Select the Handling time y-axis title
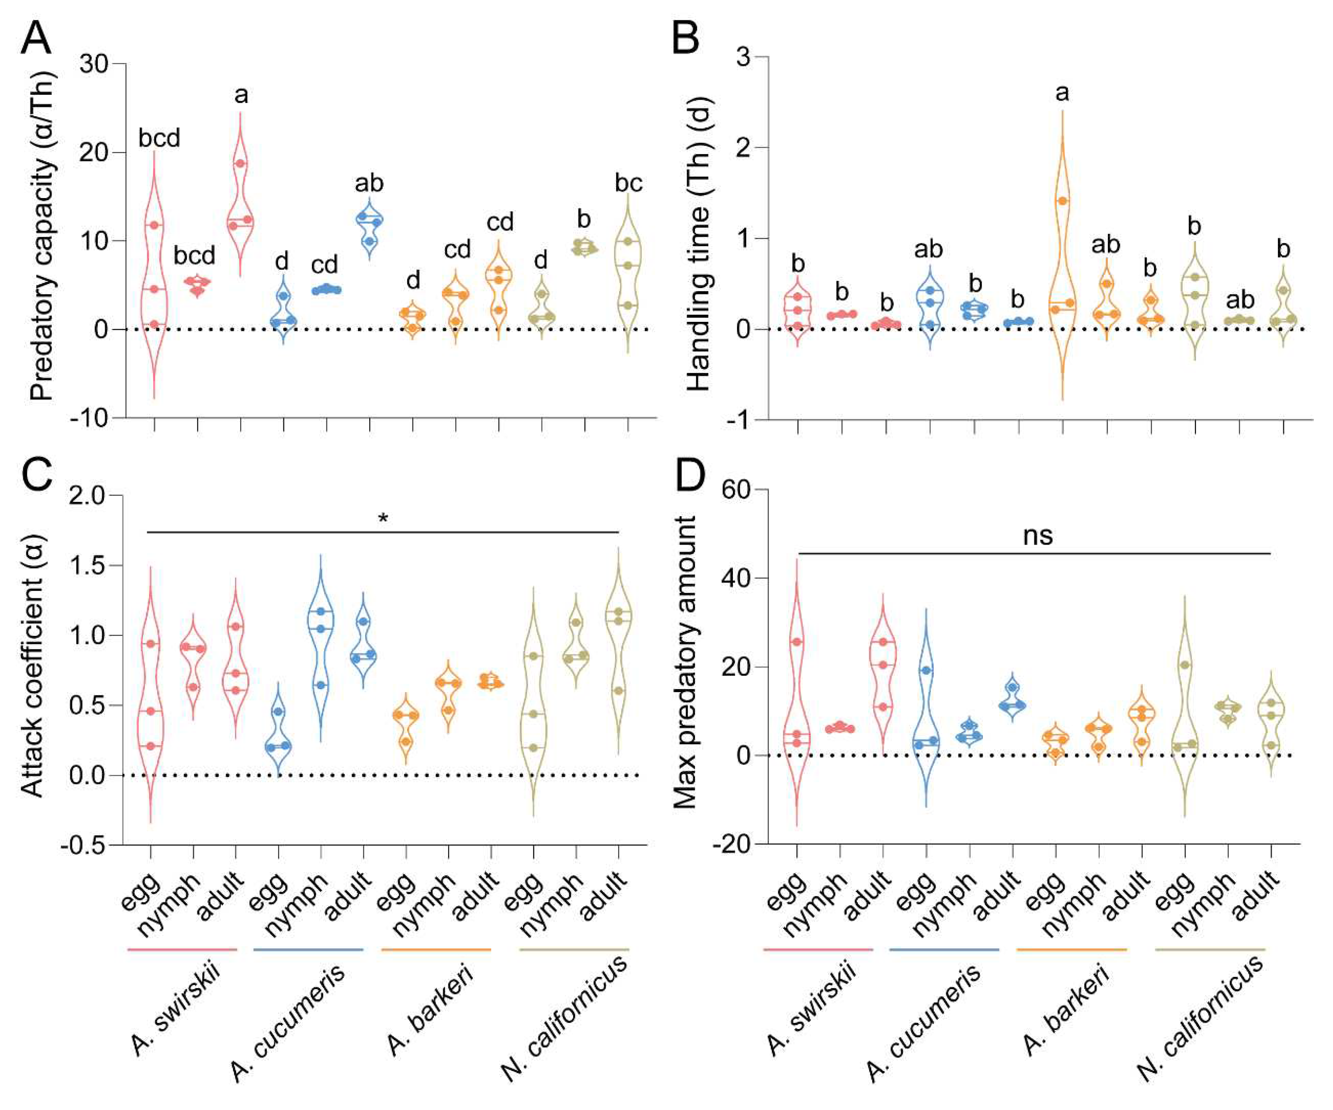[699, 244]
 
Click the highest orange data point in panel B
[1062, 201]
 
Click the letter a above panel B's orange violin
[1062, 94]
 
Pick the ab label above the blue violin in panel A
[369, 183]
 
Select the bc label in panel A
[629, 183]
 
